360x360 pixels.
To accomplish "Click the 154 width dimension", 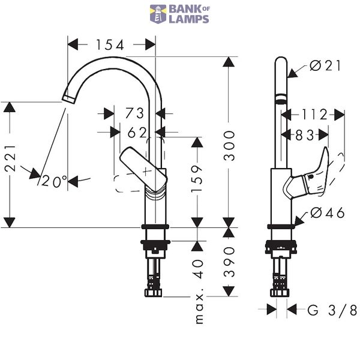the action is tap(110, 45).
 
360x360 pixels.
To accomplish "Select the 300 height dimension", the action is tap(229, 146).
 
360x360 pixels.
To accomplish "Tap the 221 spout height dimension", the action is tap(11, 158).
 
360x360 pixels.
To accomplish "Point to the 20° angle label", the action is tap(54, 181).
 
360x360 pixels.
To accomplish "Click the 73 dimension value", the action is tap(134, 113).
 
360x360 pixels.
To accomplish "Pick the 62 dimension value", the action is tap(137, 133).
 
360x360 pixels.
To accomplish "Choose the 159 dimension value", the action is tap(197, 178).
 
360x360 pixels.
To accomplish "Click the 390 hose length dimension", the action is tap(229, 262).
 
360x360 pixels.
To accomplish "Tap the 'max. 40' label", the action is tap(199, 292).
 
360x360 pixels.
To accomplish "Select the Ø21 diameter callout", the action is tap(325, 65).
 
